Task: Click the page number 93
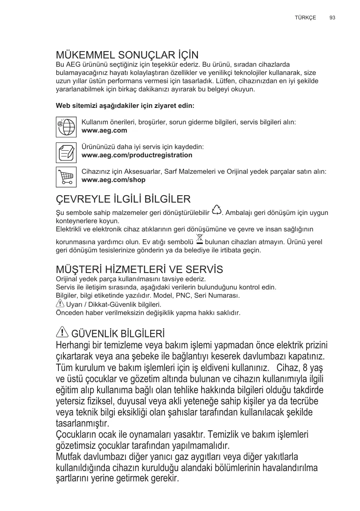332,18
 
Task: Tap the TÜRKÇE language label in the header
305,18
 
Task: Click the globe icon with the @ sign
66,126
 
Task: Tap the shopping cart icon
66,177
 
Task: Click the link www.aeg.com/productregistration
137,155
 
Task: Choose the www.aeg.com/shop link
114,180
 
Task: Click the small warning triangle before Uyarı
59,304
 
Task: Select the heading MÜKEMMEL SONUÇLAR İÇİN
127,55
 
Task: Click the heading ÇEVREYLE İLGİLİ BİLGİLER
123,200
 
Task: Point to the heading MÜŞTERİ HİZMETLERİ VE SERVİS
139,270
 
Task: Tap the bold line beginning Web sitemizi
125,106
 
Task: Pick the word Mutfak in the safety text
69,457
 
